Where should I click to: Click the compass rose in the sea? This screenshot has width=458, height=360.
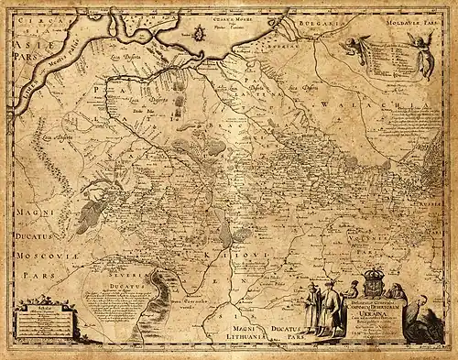click(199, 35)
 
